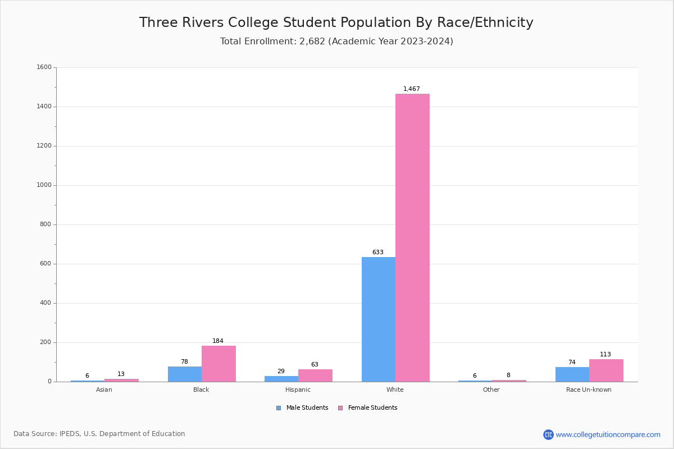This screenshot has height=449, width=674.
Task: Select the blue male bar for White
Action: pyautogui.click(x=378, y=319)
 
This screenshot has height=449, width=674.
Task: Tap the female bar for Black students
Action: pyautogui.click(x=218, y=364)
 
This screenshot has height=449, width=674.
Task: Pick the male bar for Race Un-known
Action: pyautogui.click(x=572, y=374)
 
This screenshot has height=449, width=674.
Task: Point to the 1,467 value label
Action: pyautogui.click(x=412, y=89)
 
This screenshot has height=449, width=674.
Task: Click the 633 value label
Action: pyautogui.click(x=378, y=253)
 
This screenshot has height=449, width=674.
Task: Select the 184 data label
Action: pyautogui.click(x=218, y=341)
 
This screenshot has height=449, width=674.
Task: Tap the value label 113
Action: pyautogui.click(x=605, y=355)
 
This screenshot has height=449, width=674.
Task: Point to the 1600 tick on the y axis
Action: pyautogui.click(x=44, y=67)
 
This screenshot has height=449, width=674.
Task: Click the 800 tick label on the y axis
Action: pyautogui.click(x=45, y=224)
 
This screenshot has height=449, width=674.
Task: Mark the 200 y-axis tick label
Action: pyautogui.click(x=45, y=342)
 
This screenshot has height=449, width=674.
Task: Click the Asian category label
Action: pyautogui.click(x=104, y=390)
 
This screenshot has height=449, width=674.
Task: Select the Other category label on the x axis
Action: pyautogui.click(x=491, y=390)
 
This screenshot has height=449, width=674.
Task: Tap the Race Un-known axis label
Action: pyautogui.click(x=589, y=390)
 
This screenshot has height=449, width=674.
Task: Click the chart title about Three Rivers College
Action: pyautogui.click(x=336, y=22)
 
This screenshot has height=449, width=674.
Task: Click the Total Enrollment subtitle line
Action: pyautogui.click(x=336, y=42)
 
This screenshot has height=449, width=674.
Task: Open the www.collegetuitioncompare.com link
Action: pyautogui.click(x=608, y=434)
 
